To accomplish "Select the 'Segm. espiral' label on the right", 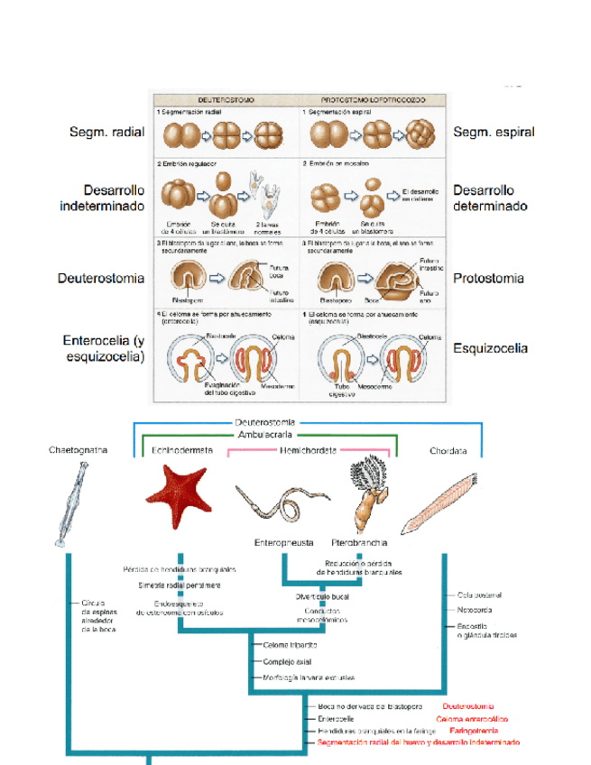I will [494, 133].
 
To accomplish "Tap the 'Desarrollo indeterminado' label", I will [102, 198].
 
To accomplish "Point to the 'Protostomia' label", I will [488, 279].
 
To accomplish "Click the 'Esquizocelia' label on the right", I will [490, 348].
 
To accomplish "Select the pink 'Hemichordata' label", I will [309, 448].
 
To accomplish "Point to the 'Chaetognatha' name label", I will [78, 449].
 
